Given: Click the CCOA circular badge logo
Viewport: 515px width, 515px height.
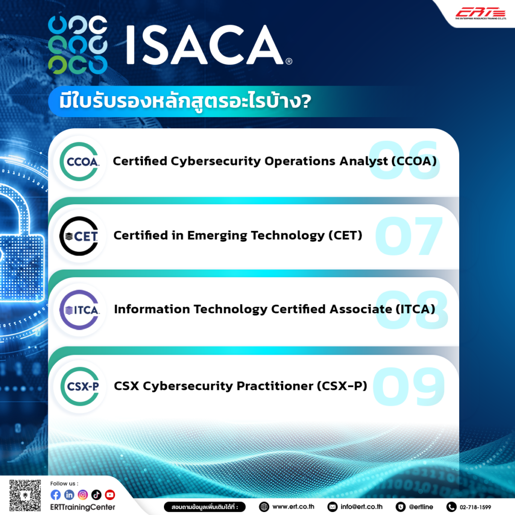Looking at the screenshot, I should coord(79,162).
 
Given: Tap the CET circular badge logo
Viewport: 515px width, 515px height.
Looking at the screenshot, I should coord(79,236).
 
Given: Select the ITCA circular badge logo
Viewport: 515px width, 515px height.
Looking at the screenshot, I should coord(79,309).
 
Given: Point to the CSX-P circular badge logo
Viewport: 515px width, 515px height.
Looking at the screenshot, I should coord(79,387).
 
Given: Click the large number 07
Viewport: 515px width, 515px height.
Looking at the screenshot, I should coord(408,236).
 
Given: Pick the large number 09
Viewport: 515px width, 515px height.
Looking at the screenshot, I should coord(408,387).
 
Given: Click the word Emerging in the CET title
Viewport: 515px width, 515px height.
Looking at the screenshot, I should coord(216,235).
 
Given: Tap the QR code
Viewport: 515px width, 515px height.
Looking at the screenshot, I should coord(25,495).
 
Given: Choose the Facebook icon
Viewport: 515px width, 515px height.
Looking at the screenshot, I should coord(55,495).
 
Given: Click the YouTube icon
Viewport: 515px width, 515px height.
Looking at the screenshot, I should coord(110,495).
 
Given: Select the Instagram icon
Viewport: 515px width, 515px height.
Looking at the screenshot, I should coord(82,495).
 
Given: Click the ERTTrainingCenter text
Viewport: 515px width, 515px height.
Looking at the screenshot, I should coord(82,507).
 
